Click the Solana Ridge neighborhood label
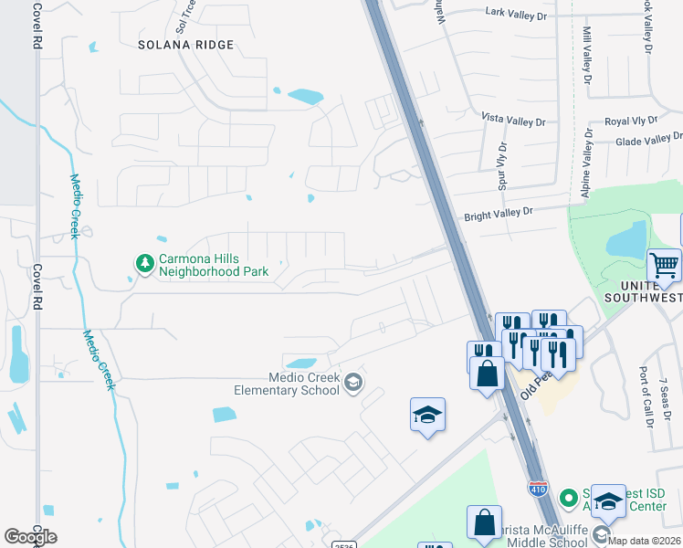(185, 45)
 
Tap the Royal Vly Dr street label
(631, 121)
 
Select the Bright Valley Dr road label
(498, 212)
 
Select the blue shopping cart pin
(664, 267)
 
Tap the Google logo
(30, 536)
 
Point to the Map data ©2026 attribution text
(644, 540)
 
